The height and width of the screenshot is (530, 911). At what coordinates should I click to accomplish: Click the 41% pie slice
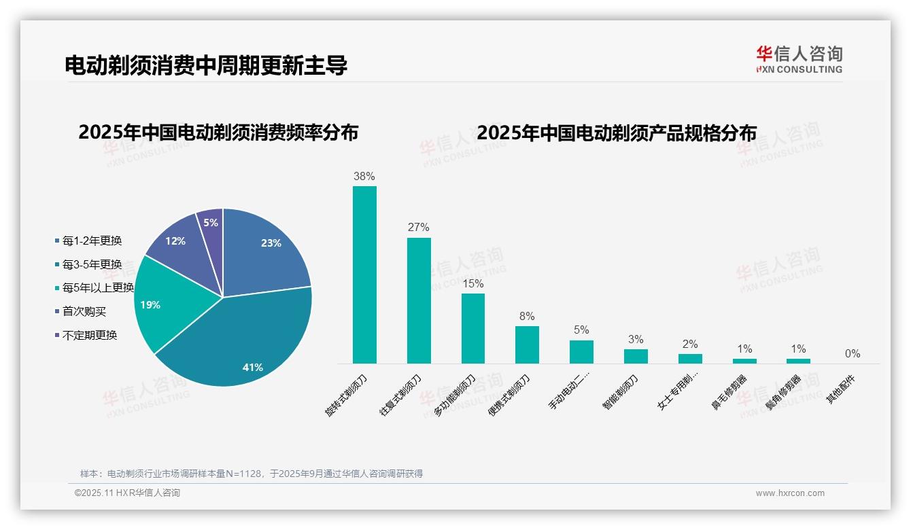(238, 347)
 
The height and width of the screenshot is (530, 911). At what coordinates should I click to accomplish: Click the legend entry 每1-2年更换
(92, 241)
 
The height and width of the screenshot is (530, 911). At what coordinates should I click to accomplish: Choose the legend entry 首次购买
(84, 311)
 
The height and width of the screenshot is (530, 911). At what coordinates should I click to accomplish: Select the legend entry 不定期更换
(90, 335)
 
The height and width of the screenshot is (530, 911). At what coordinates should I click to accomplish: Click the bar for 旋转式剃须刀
(364, 275)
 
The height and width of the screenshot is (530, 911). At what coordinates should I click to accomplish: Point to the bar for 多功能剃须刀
(473, 328)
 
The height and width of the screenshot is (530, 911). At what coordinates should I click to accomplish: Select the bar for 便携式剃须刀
(527, 344)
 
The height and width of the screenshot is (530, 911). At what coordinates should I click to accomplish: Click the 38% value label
(364, 177)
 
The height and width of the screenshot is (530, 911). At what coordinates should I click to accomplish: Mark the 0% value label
(853, 353)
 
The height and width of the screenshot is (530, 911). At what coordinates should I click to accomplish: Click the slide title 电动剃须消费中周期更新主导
(206, 65)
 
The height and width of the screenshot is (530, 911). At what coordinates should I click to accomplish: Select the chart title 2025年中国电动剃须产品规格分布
(616, 133)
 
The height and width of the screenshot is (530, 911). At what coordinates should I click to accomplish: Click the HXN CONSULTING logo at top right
(799, 59)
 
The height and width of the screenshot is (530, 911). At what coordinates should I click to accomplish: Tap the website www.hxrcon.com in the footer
(790, 493)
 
